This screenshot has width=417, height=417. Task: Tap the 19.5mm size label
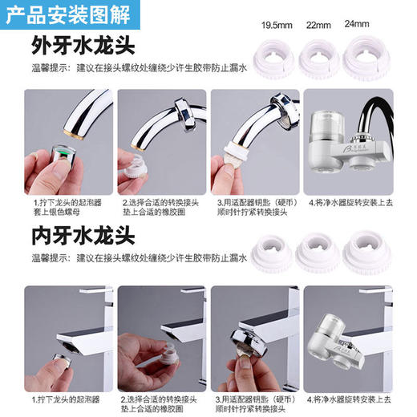pos(276,26)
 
